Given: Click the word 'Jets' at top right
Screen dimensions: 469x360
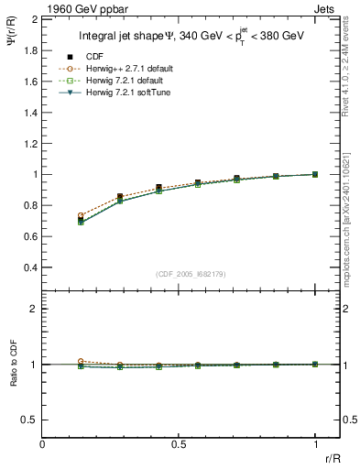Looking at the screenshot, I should coord(327,7).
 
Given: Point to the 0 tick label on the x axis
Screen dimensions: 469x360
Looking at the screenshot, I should coord(43,443).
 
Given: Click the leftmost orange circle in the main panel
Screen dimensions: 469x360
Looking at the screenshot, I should coord(82,215).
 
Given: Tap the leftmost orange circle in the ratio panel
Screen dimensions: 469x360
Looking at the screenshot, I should coord(82,361).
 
